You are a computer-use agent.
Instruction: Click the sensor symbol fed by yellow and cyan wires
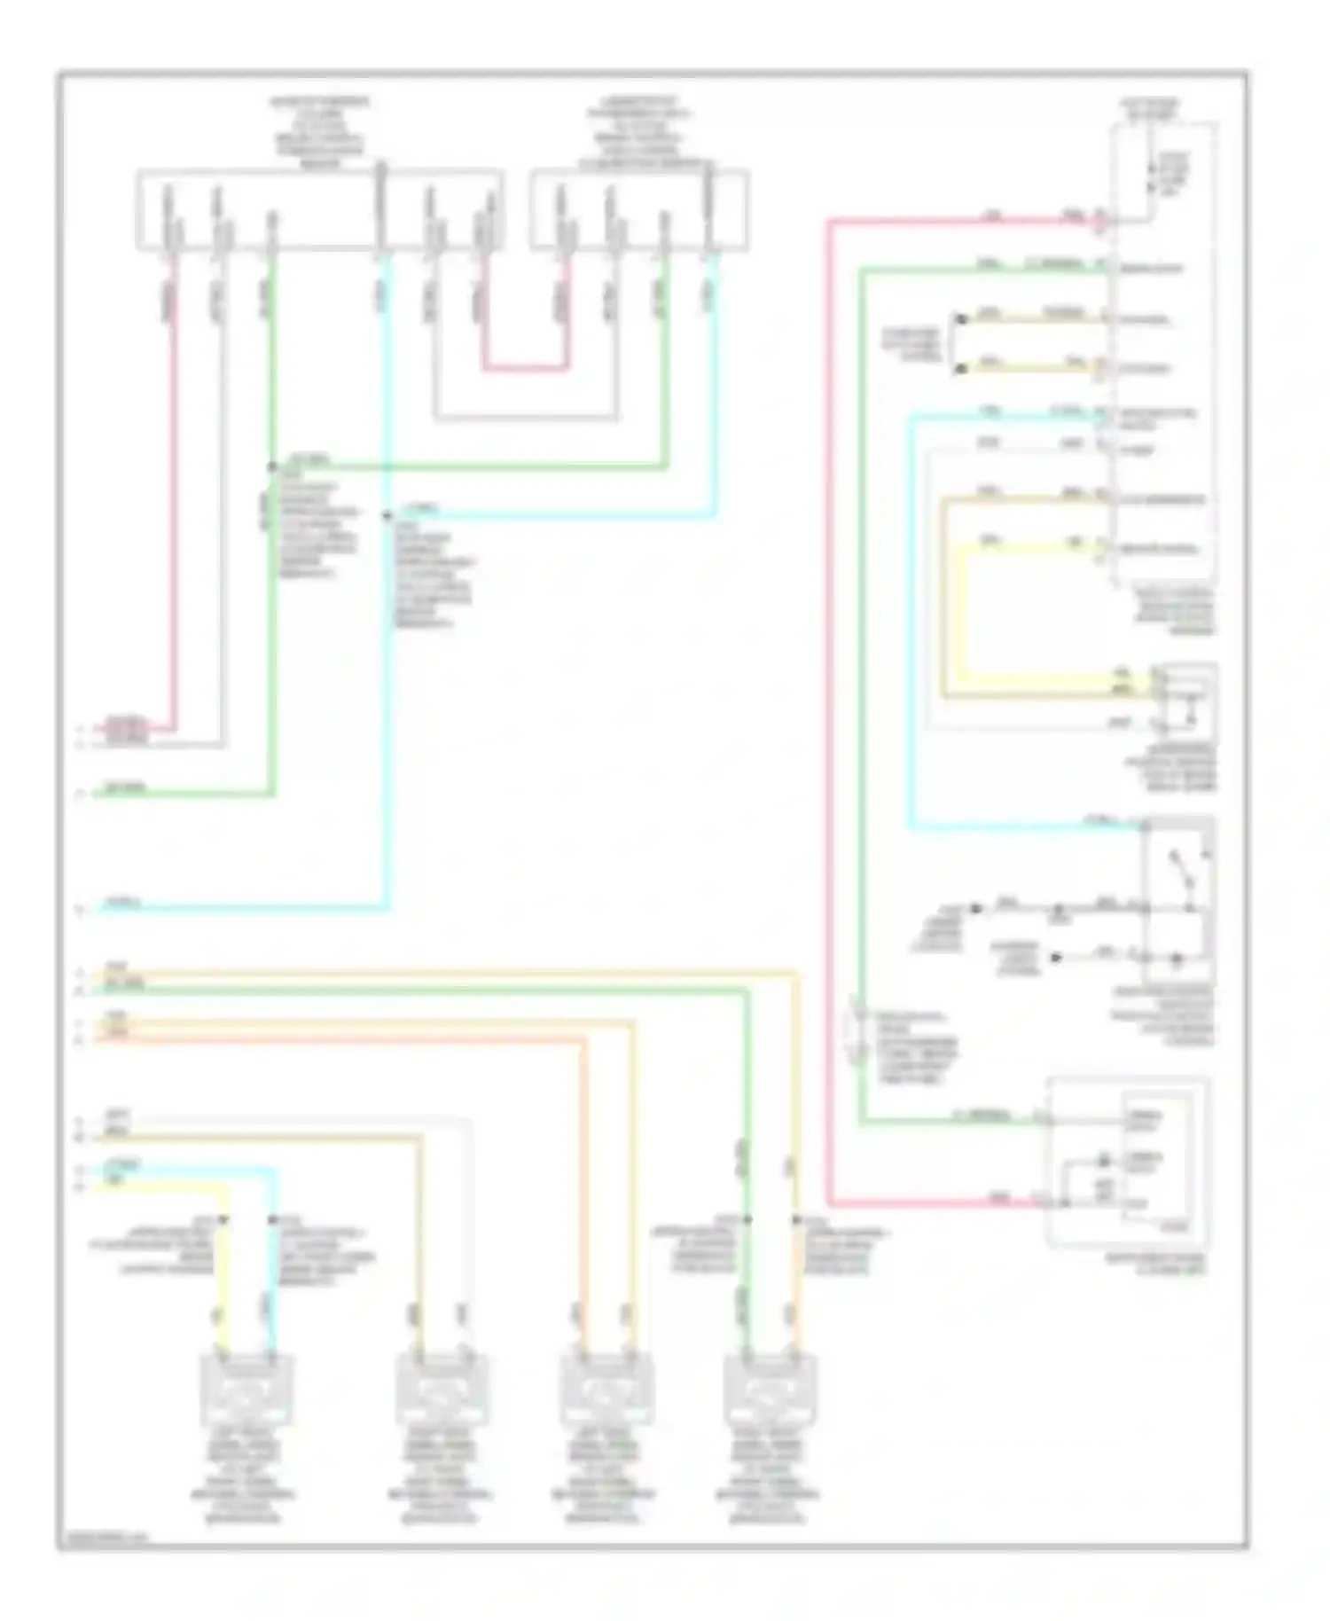coord(249,1389)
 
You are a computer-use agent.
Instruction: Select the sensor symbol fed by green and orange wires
coord(770,1389)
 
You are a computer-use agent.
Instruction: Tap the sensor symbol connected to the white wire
coord(441,1389)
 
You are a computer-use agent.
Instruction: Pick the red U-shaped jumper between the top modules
coord(524,367)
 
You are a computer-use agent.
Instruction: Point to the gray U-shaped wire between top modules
coord(527,417)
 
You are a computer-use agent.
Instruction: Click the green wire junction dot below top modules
coord(271,466)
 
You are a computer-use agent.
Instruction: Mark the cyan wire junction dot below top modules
coord(387,515)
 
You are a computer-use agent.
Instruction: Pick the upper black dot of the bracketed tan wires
coord(958,317)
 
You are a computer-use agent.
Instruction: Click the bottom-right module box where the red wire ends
coord(1128,1162)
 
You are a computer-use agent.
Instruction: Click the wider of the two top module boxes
coord(319,210)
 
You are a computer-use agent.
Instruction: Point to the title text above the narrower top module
coord(638,133)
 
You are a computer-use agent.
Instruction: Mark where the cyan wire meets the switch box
coord(1145,827)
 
